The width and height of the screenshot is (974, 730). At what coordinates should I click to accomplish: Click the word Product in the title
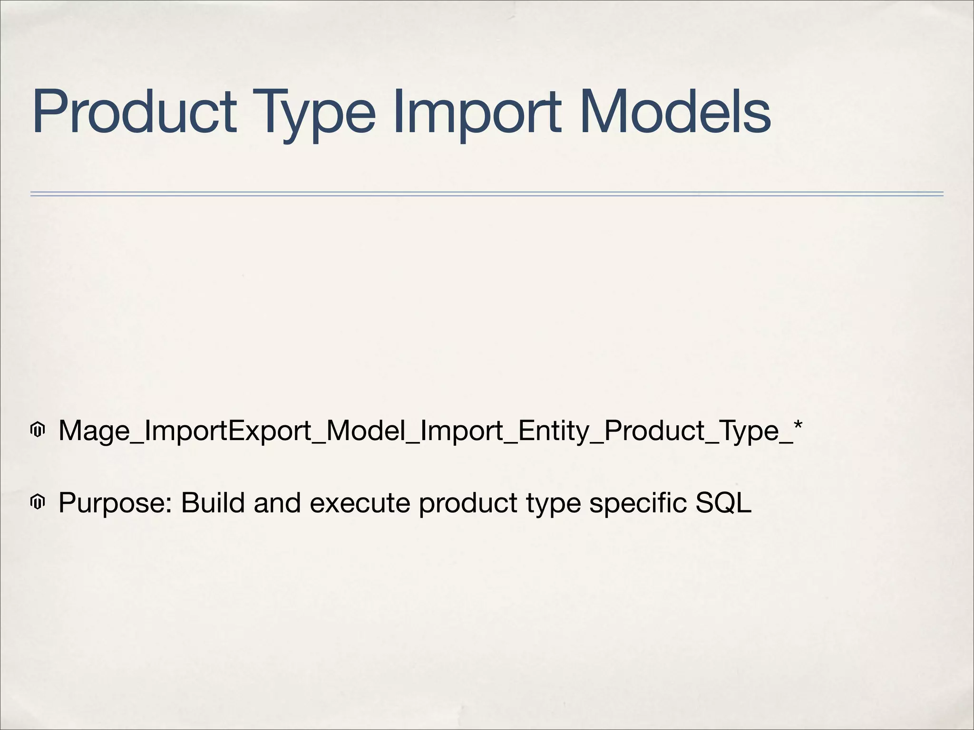tap(134, 112)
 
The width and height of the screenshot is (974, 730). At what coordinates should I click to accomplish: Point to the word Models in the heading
tap(675, 112)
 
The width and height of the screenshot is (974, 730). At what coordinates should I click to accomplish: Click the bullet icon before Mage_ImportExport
tap(38, 430)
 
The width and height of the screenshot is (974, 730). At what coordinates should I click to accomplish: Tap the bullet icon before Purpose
tap(38, 502)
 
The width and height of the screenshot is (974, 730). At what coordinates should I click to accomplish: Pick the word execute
tap(360, 503)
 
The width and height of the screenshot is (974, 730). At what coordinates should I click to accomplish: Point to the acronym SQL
tap(723, 503)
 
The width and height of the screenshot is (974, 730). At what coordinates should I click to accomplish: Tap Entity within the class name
tap(553, 431)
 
